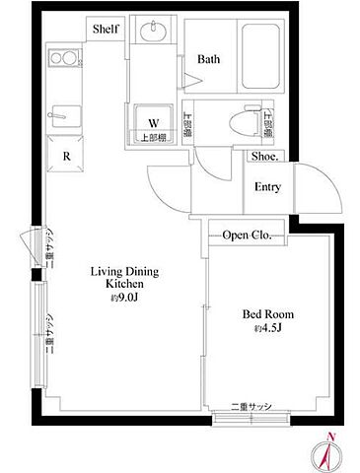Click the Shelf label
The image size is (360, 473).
pyautogui.click(x=106, y=30)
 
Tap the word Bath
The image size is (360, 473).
pyautogui.click(x=208, y=60)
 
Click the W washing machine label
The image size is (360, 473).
pyautogui.click(x=153, y=123)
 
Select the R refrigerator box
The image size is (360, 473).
pyautogui.click(x=65, y=156)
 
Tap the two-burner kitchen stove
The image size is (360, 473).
pyautogui.click(x=63, y=58)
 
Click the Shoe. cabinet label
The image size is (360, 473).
pyautogui.click(x=263, y=156)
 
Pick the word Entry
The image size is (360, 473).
pyautogui.click(x=267, y=187)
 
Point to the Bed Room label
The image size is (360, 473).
pyautogui.click(x=267, y=314)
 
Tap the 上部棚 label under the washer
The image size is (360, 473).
pyautogui.click(x=153, y=138)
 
